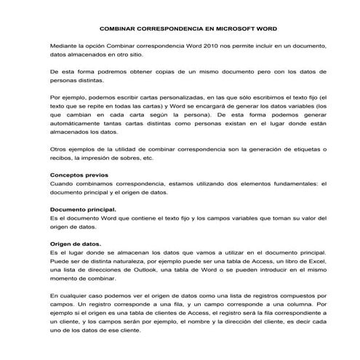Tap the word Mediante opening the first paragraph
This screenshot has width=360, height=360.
[63, 46]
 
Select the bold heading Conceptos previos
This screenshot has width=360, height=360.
[79, 175]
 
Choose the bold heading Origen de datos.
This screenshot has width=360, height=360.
[75, 243]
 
